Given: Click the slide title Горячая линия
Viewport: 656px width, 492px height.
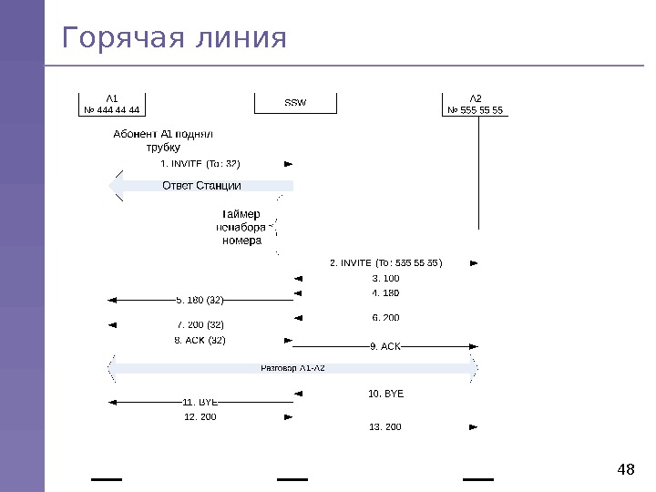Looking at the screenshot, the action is pos(173,39).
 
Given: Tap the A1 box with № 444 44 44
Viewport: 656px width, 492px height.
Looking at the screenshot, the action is pos(112,105).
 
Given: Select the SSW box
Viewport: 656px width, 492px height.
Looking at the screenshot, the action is pos(296,102).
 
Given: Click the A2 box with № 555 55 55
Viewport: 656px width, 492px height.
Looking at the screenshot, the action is pos(476,105).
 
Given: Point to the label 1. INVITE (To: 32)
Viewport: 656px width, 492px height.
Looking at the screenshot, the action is pos(200,164).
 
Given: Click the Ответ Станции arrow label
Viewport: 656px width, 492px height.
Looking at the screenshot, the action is pos(201,186).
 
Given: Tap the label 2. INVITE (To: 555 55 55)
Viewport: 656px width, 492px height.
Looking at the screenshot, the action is pos(385,263).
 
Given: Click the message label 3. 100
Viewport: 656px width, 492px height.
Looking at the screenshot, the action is pos(385,278).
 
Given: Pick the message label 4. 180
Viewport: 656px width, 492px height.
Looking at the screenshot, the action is pos(385,293).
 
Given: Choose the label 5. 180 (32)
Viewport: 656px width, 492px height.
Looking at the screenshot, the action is pos(200,299).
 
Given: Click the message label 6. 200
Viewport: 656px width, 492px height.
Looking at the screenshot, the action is pos(385,318).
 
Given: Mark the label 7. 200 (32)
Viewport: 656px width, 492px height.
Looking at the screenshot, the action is pos(200,324).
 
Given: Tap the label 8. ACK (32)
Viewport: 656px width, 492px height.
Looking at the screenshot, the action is pos(200,340).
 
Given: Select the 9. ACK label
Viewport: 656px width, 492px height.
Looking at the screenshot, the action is pos(385,346).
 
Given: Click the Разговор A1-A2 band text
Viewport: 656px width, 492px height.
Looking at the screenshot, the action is pos(292,368).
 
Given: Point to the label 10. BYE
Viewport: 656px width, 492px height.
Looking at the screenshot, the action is pos(385,394).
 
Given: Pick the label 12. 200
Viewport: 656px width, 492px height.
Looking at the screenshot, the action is pos(200,416).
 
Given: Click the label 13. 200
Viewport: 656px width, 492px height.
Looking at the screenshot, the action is pos(385,426).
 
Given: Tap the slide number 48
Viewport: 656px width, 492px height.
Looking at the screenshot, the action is pos(625,470).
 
